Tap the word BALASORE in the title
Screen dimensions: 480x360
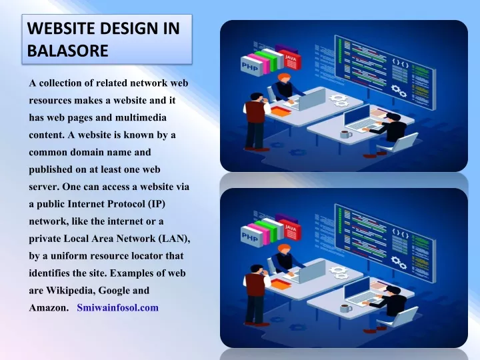[67, 51]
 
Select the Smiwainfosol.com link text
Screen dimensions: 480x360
[117, 307]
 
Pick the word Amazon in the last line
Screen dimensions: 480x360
[49, 307]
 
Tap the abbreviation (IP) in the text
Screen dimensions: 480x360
[157, 204]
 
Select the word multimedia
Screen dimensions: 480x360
[141, 117]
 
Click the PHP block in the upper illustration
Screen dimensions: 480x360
[251, 66]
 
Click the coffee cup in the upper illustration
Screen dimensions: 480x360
[346, 135]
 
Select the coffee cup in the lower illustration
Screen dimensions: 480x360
[346, 308]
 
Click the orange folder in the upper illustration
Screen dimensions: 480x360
[281, 111]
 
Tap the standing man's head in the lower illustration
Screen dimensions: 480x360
[257, 270]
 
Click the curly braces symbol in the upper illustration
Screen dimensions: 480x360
[401, 64]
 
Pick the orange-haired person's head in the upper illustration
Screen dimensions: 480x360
[284, 78]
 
